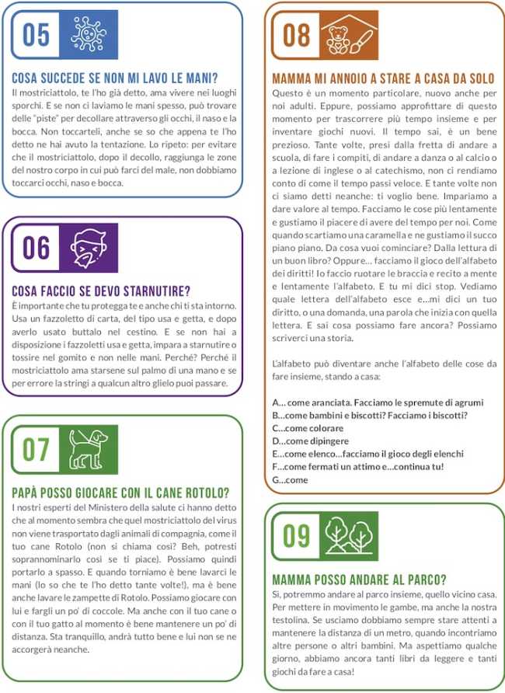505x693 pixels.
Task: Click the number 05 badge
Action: click(x=37, y=35)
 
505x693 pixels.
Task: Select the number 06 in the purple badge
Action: click(x=37, y=249)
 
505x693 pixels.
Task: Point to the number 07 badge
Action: click(x=37, y=450)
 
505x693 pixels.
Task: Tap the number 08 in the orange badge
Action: click(x=297, y=35)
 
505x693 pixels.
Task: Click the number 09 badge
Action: click(x=297, y=535)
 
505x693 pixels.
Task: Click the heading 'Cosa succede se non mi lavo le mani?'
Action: click(x=114, y=78)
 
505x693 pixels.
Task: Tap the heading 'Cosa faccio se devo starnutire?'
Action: click(x=101, y=292)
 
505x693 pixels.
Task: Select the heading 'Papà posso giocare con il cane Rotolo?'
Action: click(x=120, y=493)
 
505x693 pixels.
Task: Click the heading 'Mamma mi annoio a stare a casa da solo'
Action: click(x=384, y=78)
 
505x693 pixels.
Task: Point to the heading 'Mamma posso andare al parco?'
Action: click(x=359, y=580)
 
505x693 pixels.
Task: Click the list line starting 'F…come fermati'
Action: click(x=358, y=467)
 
